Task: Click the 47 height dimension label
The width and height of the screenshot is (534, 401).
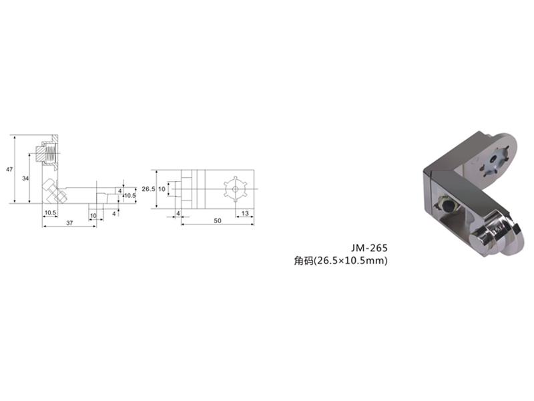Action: coord(9,169)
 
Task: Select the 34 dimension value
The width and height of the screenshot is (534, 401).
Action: coord(25,178)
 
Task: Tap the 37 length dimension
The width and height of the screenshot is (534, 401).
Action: coord(69,223)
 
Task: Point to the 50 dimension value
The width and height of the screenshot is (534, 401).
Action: coord(218,221)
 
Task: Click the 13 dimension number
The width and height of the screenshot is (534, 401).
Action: coord(245,213)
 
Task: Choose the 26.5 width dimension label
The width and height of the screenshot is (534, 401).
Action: coord(148,188)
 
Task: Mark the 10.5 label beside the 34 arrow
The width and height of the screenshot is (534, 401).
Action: coord(51,213)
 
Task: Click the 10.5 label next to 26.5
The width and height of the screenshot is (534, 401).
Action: coord(129,195)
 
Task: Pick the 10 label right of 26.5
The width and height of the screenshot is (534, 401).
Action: coord(162,188)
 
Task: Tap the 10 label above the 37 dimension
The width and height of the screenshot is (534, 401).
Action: coord(93,215)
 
